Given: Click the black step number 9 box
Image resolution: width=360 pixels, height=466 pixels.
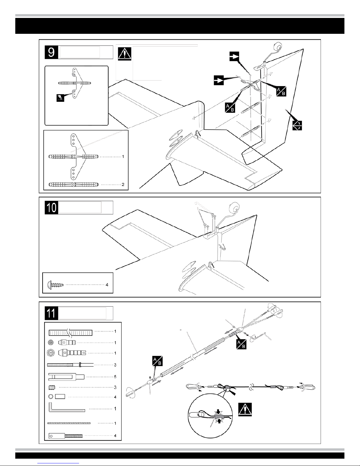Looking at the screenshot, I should (x=51, y=53).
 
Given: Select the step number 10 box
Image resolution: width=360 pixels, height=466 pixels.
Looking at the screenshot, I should (x=51, y=207).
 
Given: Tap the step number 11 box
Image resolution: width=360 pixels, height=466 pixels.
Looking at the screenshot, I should (x=51, y=313).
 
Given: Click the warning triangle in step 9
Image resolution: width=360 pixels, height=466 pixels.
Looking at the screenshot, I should (x=125, y=54).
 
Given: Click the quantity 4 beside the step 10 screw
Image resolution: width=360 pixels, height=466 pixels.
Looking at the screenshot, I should (x=107, y=285).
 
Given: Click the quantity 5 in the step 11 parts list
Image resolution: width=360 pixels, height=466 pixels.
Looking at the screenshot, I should (x=115, y=376).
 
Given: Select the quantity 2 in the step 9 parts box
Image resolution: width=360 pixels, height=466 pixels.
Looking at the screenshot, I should (x=123, y=185).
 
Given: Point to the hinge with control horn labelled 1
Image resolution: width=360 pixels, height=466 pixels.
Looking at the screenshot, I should (x=73, y=157).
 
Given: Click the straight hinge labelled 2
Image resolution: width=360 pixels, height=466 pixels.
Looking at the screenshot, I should (x=73, y=185).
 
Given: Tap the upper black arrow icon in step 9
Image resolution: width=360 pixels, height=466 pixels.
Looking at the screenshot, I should (x=235, y=57).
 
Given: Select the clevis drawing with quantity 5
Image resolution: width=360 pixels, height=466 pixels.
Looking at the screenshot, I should (x=66, y=376).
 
